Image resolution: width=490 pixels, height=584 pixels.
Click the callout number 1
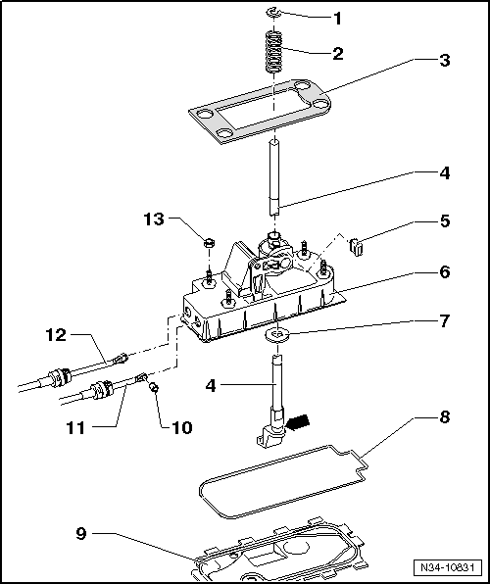tap(337, 19)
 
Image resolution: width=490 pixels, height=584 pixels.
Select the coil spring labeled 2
tap(274, 52)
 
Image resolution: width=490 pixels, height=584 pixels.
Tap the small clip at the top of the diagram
tap(273, 14)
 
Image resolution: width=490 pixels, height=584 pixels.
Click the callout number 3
tap(444, 60)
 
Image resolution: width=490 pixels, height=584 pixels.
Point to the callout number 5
tap(445, 220)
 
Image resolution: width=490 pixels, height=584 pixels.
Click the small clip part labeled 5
tap(356, 248)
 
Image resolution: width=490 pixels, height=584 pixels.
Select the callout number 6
tap(445, 272)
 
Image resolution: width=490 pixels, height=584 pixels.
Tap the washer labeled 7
tap(276, 335)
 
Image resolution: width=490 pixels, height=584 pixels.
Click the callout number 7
tap(445, 320)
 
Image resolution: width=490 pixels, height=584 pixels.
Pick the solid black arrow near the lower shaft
tap(298, 422)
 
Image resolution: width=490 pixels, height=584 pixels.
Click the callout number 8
tap(445, 417)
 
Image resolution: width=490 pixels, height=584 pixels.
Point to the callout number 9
tap(81, 534)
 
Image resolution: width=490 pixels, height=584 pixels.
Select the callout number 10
tap(182, 427)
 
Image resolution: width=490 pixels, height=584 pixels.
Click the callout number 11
tap(76, 428)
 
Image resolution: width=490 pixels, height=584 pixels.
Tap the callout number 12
tap(56, 335)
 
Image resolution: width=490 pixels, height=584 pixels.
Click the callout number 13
tap(154, 219)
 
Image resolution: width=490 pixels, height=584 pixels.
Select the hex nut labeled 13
tap(209, 243)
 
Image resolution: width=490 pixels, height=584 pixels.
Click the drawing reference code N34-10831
tap(448, 567)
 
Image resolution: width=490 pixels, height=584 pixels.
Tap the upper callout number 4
tap(445, 173)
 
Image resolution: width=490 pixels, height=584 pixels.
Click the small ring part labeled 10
tap(153, 388)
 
